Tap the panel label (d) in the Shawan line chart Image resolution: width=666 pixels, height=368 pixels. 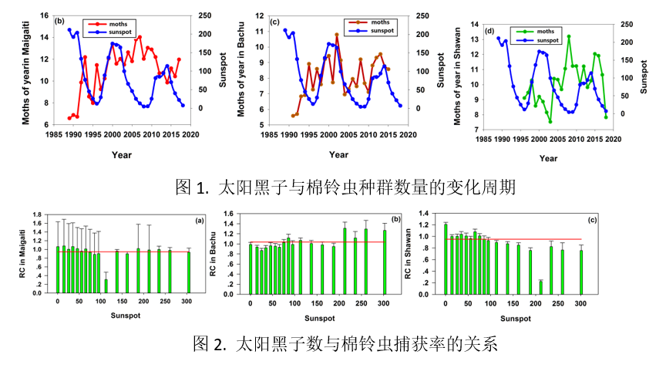pos(489,32)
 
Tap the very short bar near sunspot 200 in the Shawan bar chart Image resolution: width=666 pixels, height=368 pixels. pos(540,286)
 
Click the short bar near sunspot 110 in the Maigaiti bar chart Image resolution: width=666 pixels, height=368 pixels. pos(106,285)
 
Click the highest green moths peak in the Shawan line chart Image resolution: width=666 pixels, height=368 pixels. pos(569,36)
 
